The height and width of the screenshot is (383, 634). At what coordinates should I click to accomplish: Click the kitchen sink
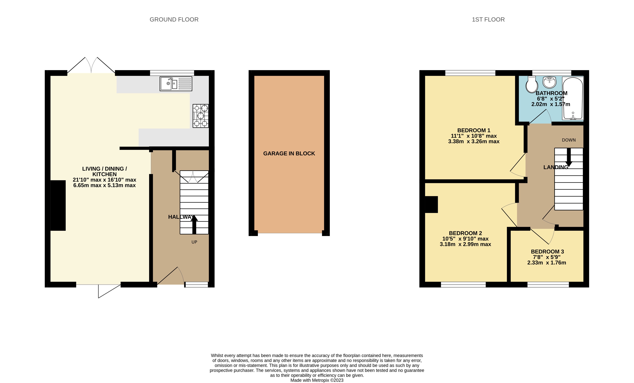pos(176,84)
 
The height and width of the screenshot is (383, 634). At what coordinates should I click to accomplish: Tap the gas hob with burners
pos(200,116)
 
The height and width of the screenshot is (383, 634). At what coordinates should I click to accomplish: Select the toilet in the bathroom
pos(532,84)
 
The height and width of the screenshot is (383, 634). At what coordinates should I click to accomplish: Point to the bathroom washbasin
pos(549,82)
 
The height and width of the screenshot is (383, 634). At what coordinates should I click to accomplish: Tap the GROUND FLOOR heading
pos(174,20)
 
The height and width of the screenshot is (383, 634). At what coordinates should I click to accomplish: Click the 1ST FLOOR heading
pos(488,20)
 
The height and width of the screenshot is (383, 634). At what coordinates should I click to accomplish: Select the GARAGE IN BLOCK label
pos(289,153)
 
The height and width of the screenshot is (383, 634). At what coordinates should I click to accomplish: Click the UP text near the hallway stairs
pos(194,242)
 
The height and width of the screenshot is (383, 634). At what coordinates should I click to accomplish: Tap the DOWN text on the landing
pos(569,140)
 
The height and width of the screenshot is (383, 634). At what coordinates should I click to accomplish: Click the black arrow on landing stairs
pos(569,157)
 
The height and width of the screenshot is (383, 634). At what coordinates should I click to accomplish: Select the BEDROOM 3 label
pos(547,252)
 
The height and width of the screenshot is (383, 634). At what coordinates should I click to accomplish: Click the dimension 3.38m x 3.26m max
pos(474,141)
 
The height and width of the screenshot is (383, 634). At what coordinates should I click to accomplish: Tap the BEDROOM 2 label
pos(465,233)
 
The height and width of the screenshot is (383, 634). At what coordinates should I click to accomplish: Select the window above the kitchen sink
pos(172,73)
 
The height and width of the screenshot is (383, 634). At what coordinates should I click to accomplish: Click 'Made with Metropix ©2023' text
pos(317,380)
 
